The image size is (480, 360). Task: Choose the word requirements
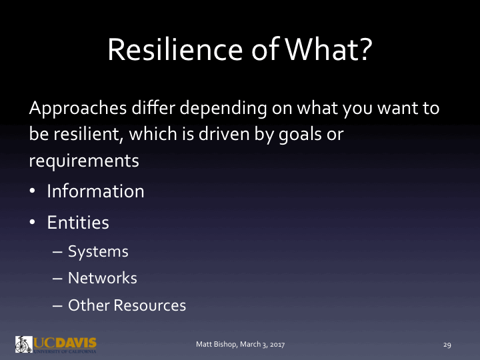point(84,161)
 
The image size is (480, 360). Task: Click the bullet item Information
point(95,191)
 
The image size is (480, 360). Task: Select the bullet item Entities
point(78,223)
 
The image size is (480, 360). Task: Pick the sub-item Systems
point(98,251)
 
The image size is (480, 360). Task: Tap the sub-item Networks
point(103,278)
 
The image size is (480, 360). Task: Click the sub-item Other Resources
point(127,305)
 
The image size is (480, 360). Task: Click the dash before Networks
point(58,279)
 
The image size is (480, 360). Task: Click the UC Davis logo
point(56,344)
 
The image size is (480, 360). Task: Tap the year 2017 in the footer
point(276,345)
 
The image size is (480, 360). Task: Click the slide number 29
point(447,345)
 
